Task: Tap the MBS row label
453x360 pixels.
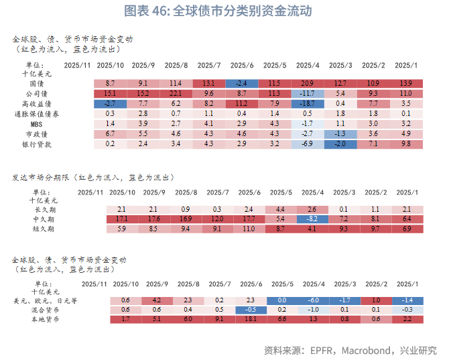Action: pyautogui.click(x=38, y=124)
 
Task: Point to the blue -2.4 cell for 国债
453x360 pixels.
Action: pyautogui.click(x=242, y=82)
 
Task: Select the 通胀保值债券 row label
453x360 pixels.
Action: pyautogui.click(x=37, y=114)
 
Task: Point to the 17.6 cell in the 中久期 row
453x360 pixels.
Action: pyautogui.click(x=153, y=219)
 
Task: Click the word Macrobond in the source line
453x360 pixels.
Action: pyautogui.click(x=368, y=350)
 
